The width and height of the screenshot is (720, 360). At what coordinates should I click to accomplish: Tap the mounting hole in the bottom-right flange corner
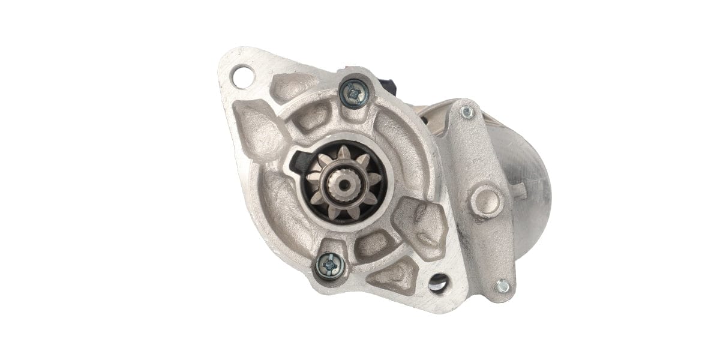(x=438, y=281)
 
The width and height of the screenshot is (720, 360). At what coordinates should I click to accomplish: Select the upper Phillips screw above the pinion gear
(x=352, y=93)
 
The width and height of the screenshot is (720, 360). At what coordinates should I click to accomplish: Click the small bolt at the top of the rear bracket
(x=466, y=112)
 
